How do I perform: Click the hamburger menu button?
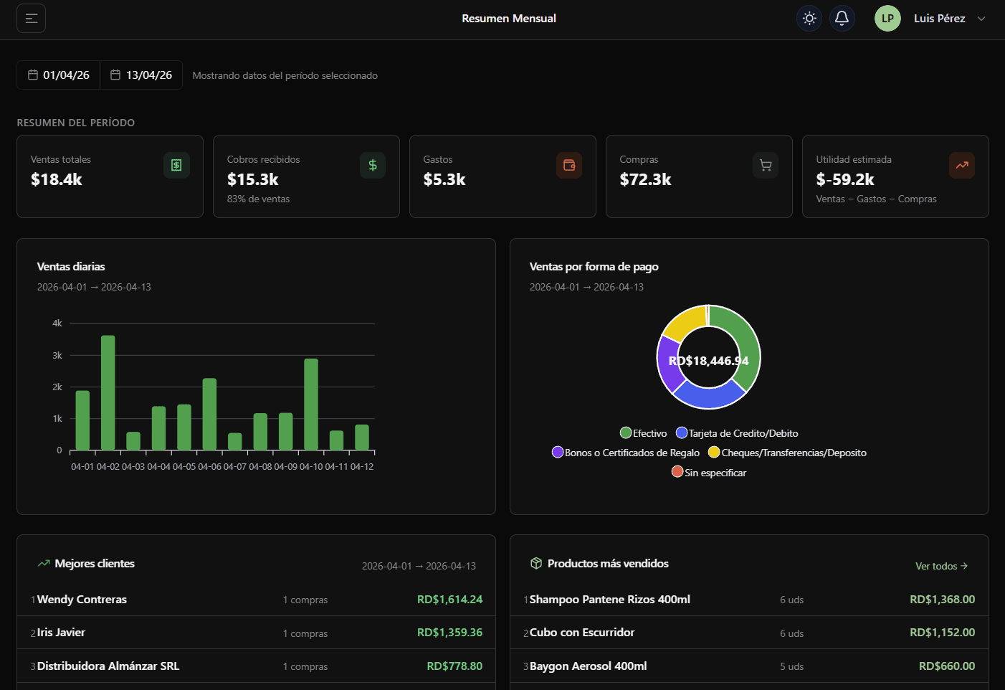click(32, 19)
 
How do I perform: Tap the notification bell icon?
click(842, 18)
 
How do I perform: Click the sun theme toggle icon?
click(809, 18)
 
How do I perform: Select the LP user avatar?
click(887, 19)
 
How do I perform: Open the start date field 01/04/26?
click(59, 75)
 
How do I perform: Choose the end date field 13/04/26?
click(141, 75)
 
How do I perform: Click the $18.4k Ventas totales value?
click(57, 179)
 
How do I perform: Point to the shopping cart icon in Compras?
click(766, 166)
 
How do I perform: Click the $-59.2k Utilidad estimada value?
click(845, 179)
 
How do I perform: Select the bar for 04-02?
click(108, 393)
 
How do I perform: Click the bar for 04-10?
click(311, 405)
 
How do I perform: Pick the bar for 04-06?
click(209, 415)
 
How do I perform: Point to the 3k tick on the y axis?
click(57, 355)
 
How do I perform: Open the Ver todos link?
click(941, 566)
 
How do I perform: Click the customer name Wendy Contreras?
click(82, 600)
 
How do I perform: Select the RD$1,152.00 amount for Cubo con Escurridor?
click(942, 633)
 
